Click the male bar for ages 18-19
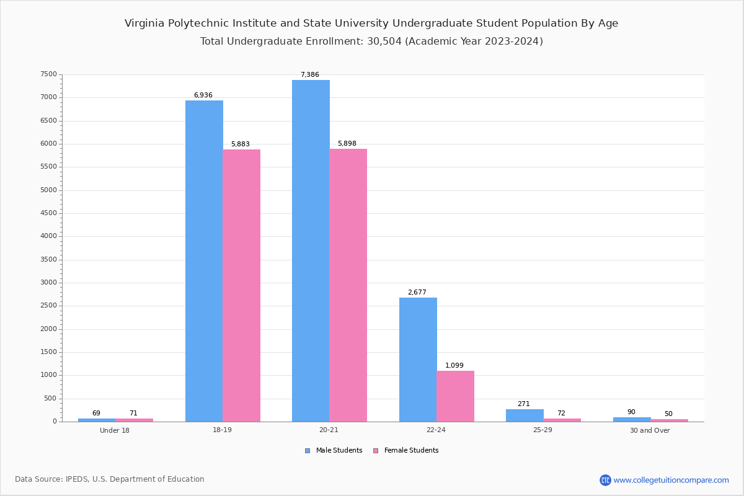click(204, 260)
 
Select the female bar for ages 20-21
click(348, 285)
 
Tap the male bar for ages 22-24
click(418, 360)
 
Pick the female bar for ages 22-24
click(455, 396)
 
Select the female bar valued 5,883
click(241, 285)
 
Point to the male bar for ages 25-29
click(525, 415)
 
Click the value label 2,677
click(417, 292)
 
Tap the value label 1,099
click(454, 365)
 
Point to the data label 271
click(523, 404)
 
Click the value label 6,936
click(203, 95)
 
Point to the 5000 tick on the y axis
click(49, 190)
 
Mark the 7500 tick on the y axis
click(49, 74)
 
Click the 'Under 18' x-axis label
click(115, 430)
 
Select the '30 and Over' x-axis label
click(650, 430)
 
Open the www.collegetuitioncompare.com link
click(671, 480)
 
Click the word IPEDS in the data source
click(77, 479)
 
